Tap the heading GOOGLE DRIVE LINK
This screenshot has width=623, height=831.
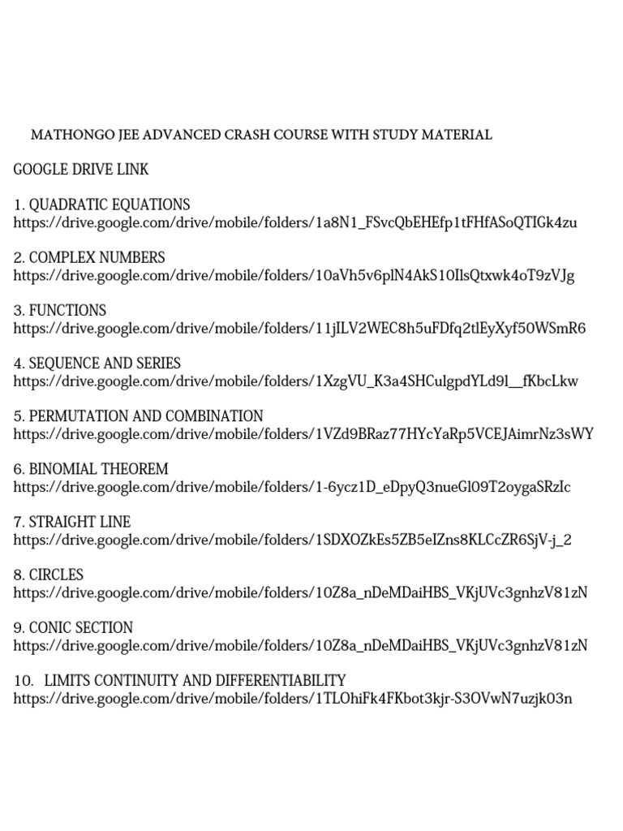(81, 170)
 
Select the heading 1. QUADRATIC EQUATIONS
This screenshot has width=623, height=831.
(101, 205)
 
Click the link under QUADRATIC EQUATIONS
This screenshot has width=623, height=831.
(295, 222)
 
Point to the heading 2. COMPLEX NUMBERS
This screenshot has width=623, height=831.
(89, 257)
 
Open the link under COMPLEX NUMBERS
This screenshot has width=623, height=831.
(294, 276)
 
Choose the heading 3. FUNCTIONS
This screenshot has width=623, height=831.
(60, 310)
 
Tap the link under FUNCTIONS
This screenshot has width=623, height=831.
(299, 329)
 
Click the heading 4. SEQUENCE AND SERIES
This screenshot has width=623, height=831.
(97, 363)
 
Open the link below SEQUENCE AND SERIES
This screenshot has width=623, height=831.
(296, 381)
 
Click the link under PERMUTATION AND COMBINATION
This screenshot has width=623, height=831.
(303, 434)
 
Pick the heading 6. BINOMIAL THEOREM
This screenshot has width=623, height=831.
(91, 469)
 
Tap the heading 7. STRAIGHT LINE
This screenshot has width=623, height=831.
(72, 522)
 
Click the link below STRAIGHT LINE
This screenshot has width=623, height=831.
(293, 540)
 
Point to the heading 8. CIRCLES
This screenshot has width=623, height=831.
(49, 575)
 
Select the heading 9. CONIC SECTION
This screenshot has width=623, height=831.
(73, 627)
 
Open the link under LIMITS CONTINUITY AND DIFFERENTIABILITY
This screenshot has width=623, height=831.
(293, 698)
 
